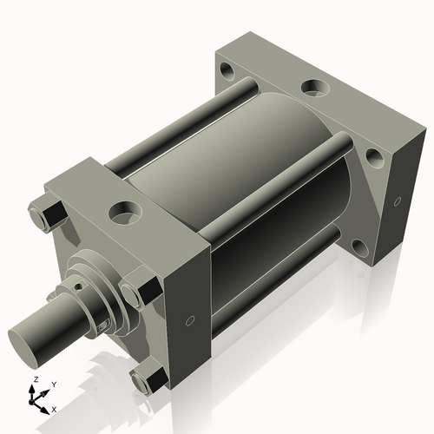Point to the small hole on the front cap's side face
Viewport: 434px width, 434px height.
(x=190, y=319)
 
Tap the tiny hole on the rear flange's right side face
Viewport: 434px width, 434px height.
(x=397, y=201)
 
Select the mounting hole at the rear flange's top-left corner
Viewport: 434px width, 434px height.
(x=227, y=69)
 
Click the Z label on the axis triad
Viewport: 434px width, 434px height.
(x=34, y=380)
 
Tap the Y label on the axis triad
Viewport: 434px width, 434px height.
(x=53, y=384)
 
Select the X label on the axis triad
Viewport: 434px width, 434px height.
(x=54, y=408)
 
